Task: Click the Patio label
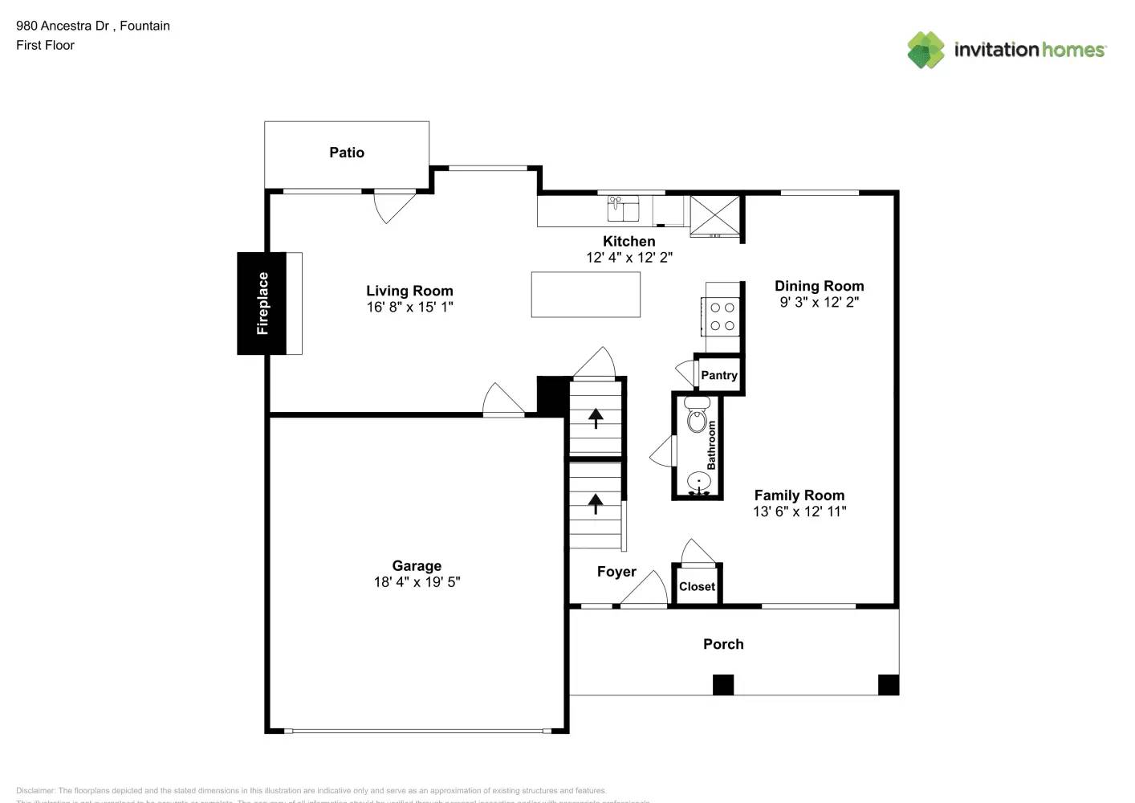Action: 347,153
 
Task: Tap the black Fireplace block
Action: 262,304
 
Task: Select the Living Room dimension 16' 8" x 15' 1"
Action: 409,307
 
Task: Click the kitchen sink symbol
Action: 623,208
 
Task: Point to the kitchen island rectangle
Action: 585,295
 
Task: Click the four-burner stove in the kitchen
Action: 722,316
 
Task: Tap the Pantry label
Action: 718,375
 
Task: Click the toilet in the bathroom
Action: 697,418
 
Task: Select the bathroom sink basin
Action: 698,483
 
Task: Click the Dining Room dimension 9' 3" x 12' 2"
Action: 819,302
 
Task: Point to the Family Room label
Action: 799,495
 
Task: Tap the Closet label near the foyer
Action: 697,586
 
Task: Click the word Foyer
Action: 616,572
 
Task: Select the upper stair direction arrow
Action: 596,418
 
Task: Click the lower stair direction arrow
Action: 596,503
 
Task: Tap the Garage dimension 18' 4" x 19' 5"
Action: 417,582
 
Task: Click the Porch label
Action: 723,644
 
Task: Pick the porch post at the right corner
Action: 888,684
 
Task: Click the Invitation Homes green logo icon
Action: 925,50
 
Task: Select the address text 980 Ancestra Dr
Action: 63,26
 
